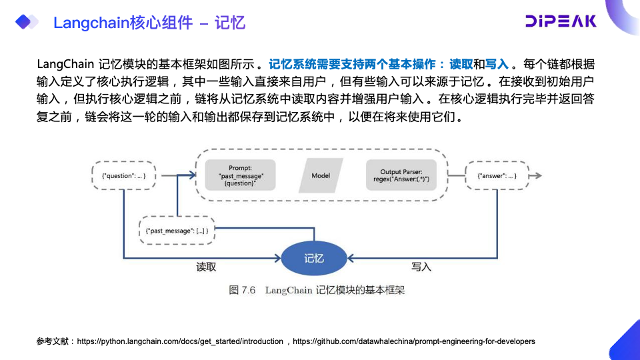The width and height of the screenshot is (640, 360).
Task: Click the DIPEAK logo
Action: (x=561, y=21)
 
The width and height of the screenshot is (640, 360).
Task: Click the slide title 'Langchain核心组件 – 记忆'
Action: (x=149, y=23)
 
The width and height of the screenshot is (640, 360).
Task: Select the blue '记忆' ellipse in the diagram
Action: (x=313, y=258)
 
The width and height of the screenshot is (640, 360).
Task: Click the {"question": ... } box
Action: (x=124, y=175)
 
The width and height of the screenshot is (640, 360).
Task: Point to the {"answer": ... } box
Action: (x=497, y=175)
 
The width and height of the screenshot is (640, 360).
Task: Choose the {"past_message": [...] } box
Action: (x=177, y=230)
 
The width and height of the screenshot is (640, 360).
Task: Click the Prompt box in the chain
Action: (x=241, y=175)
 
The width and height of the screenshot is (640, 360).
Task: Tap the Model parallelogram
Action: (x=321, y=175)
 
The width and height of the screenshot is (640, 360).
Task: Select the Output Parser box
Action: (x=401, y=175)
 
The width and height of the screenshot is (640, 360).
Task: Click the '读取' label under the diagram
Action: (x=206, y=267)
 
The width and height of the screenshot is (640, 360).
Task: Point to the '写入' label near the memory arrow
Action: (x=421, y=267)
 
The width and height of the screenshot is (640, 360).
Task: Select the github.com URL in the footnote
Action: (x=413, y=341)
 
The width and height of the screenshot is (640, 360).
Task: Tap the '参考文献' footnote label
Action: (x=54, y=341)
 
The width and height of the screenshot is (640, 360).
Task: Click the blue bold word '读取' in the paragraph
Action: (x=461, y=65)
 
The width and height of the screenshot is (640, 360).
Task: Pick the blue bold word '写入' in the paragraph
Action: (x=497, y=65)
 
